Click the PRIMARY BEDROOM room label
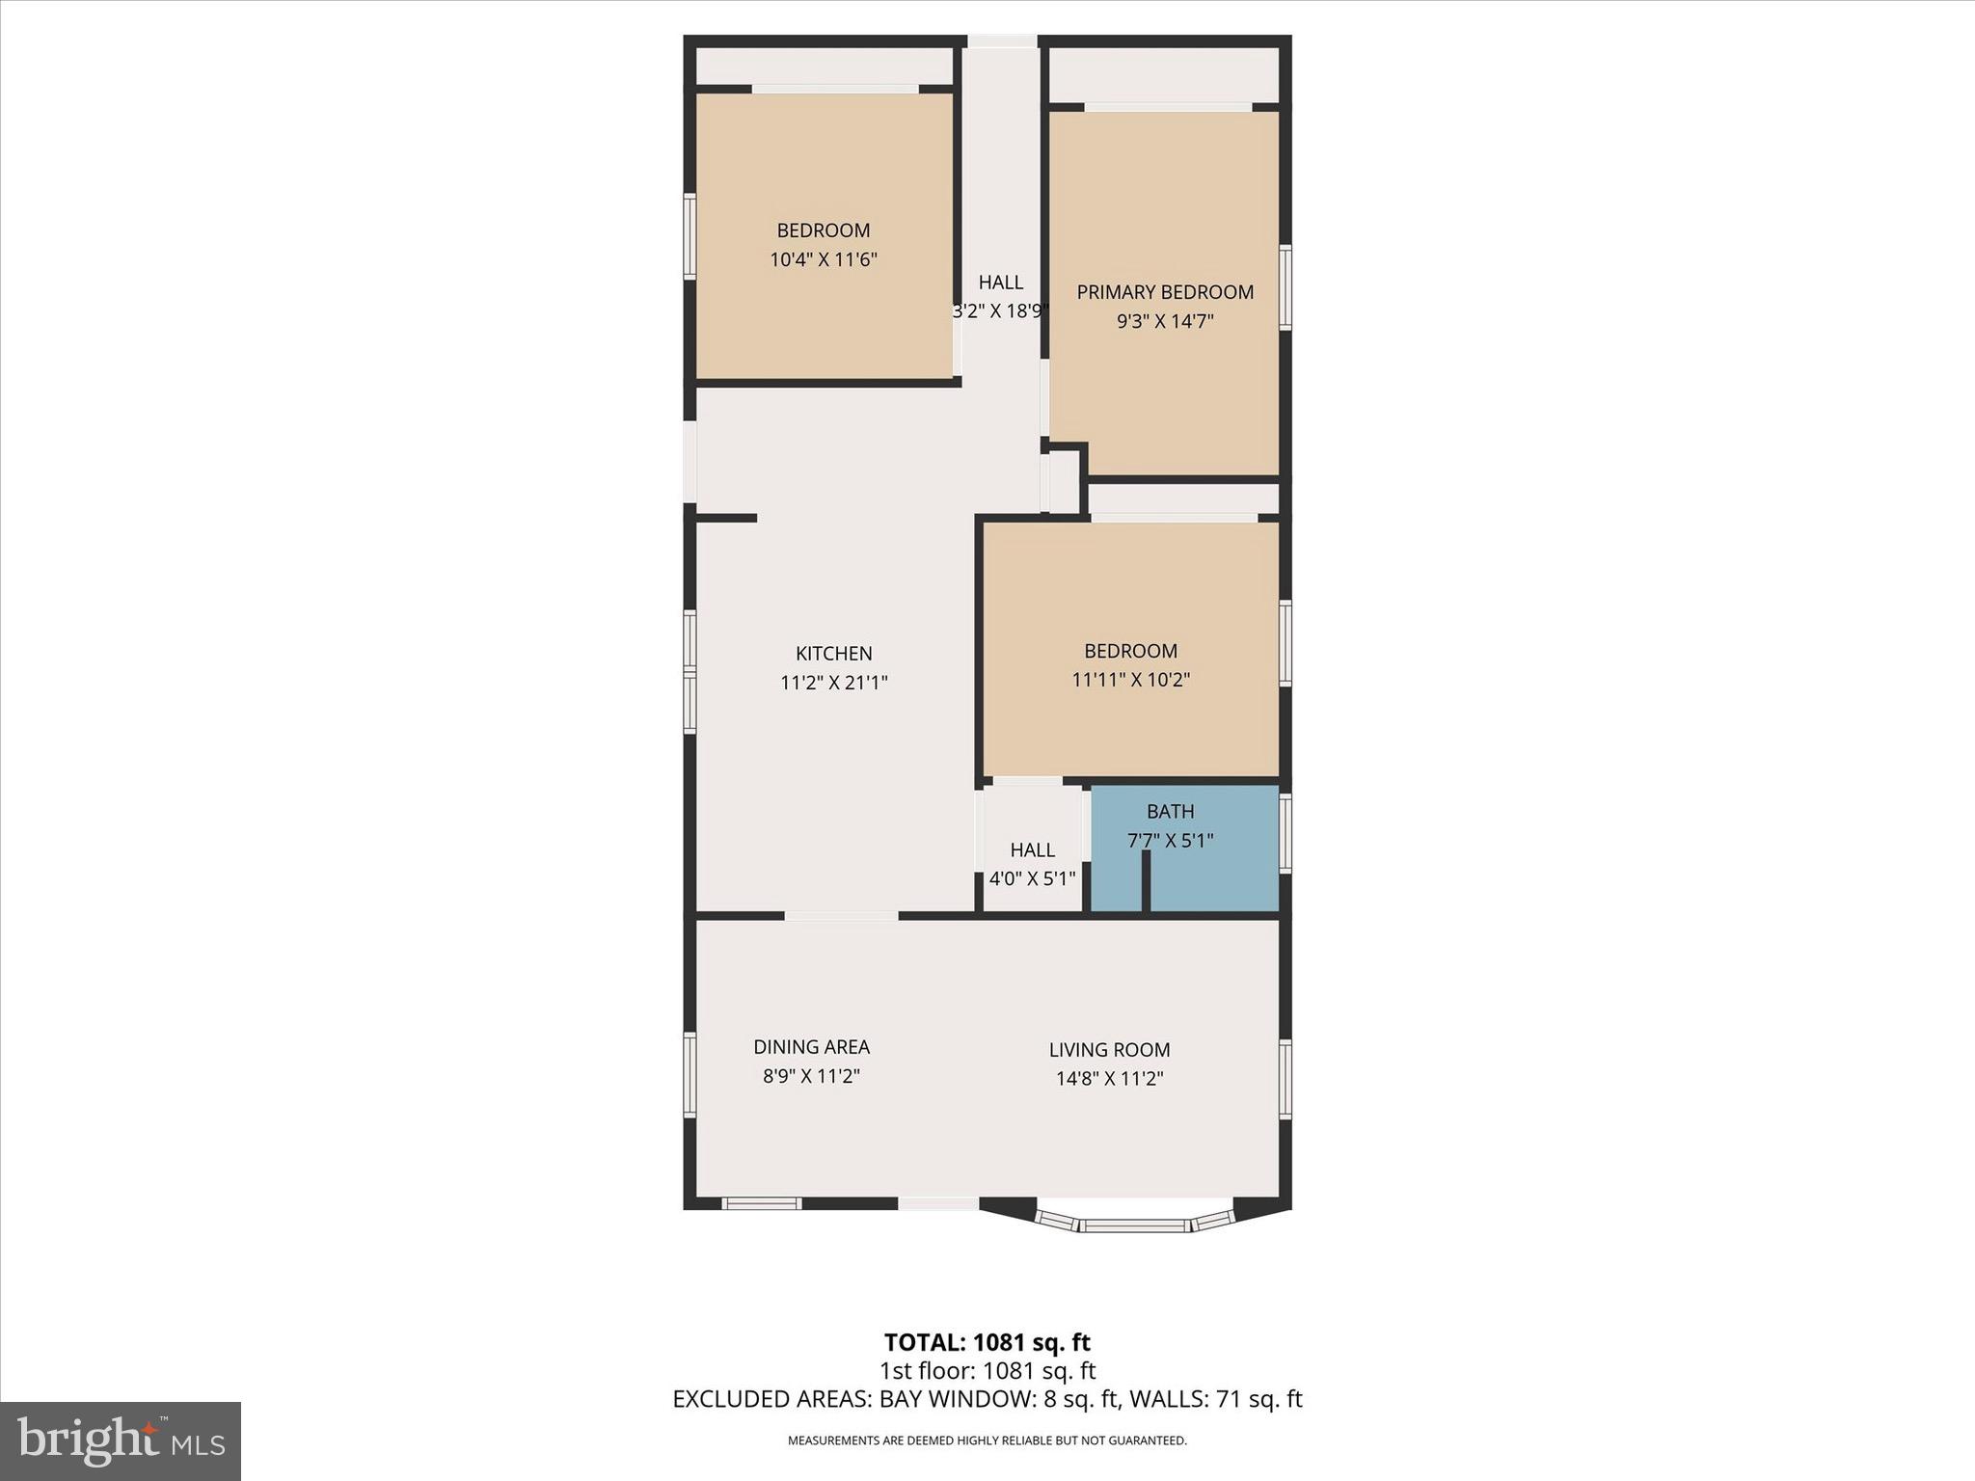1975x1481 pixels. (x=1165, y=292)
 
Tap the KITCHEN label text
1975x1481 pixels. (x=833, y=654)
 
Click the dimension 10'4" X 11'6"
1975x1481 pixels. (x=823, y=259)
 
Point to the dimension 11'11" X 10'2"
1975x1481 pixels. (x=1130, y=680)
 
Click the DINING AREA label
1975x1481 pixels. (x=811, y=1047)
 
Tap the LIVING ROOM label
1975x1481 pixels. (x=1109, y=1050)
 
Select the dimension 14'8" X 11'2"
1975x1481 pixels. (x=1109, y=1079)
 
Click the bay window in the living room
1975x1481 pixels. (x=1134, y=1225)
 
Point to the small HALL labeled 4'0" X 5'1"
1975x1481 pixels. (x=1032, y=864)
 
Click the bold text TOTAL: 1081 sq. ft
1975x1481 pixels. (x=987, y=1342)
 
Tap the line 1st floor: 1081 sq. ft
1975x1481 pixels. (x=987, y=1371)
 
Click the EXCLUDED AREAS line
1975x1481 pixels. (x=987, y=1399)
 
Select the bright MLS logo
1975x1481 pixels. (x=121, y=1441)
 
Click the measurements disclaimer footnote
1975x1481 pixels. (x=987, y=1441)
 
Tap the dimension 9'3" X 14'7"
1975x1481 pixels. (x=1165, y=322)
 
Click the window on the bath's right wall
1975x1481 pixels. (x=1285, y=833)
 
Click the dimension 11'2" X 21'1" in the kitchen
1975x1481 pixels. (x=833, y=684)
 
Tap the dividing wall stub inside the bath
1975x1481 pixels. (x=1147, y=882)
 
